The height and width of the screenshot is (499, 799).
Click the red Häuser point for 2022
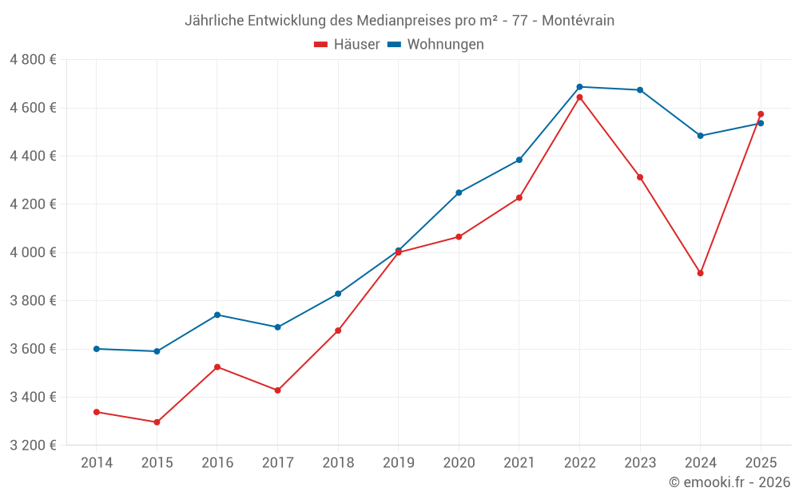point(579,97)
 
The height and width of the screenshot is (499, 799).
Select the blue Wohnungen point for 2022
point(579,87)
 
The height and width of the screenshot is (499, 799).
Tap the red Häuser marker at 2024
point(700,273)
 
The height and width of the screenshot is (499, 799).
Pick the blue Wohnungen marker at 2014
point(97,349)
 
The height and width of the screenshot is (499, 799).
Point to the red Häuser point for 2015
point(157,422)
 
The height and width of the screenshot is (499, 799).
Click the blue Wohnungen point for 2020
point(459,192)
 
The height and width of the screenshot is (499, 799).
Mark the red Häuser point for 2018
point(338,331)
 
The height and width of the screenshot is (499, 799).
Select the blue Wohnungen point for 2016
point(217,315)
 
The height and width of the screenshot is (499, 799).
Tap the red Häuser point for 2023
point(640,177)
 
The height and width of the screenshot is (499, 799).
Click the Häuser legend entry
point(347,45)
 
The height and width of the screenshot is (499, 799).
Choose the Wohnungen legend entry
point(436,45)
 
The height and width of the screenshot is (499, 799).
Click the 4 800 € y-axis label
point(33,60)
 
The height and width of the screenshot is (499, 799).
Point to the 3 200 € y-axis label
point(33,446)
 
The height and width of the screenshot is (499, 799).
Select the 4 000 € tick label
point(33,252)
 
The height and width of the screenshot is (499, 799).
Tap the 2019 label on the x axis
point(398,463)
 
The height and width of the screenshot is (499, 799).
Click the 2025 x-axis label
point(761,463)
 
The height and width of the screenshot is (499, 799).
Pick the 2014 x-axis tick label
point(97,463)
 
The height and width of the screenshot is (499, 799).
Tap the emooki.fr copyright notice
point(729,482)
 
